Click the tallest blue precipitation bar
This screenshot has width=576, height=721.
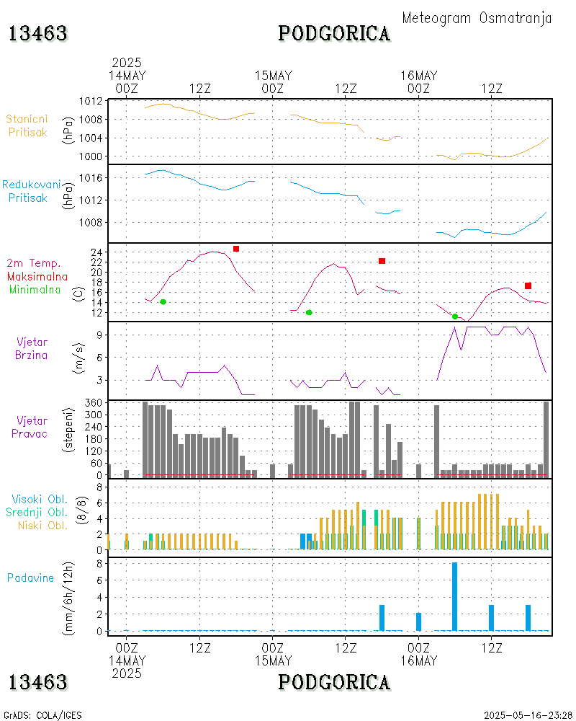[x=454, y=596]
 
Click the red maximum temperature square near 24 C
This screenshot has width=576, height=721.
[x=236, y=249]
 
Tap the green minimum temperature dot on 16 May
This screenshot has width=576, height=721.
[x=455, y=317]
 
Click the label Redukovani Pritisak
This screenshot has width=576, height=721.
[x=31, y=191]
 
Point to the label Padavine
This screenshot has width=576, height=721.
[x=30, y=578]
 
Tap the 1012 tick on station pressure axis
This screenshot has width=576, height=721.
[x=90, y=100]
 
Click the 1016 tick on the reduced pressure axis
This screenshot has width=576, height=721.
[x=90, y=177]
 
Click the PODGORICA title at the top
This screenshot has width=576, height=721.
[x=334, y=33]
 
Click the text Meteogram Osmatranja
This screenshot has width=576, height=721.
[x=477, y=18]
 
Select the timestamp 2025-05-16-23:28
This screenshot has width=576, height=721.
[x=528, y=715]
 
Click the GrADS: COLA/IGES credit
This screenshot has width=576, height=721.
[x=42, y=715]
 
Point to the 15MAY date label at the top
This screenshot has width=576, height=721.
[x=273, y=76]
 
